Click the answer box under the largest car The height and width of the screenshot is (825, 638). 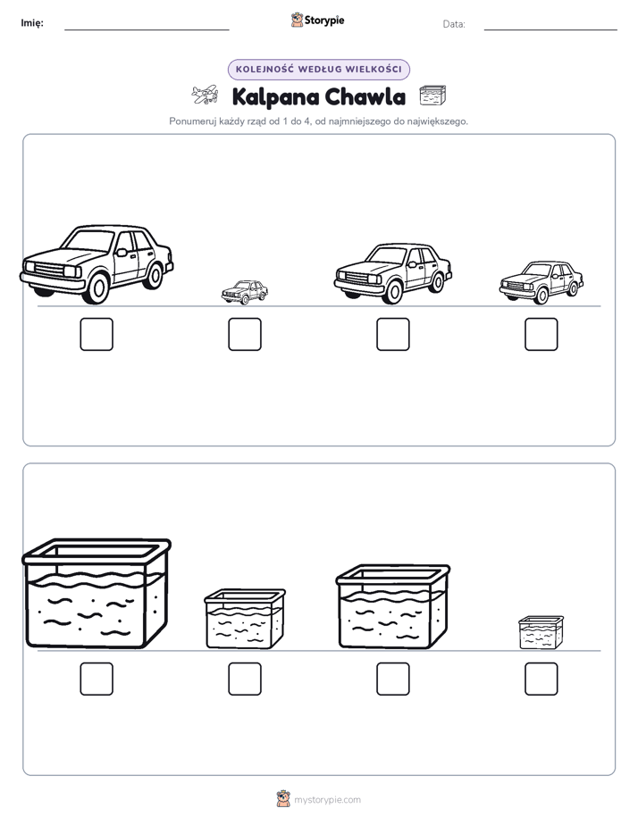pos(97,334)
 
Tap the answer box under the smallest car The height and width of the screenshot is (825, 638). pos(245,334)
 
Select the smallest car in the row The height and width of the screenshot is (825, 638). pos(245,292)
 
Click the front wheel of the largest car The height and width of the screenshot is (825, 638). pos(97,287)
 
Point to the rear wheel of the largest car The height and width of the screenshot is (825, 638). pos(154,274)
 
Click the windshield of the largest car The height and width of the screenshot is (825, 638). pos(89,240)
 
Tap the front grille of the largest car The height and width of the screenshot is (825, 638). pos(51,270)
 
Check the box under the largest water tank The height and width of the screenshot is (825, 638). pos(97,679)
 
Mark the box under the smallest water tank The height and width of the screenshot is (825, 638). pos(541,679)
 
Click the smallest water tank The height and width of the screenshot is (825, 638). pos(541,632)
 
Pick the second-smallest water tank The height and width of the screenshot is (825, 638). pos(245,619)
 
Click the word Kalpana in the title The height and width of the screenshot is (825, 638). pos(275,97)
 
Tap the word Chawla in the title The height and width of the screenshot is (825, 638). pos(365,96)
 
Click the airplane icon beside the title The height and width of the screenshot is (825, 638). pos(205,95)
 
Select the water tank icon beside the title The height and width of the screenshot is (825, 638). pos(432,96)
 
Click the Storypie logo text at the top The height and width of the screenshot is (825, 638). pos(324,21)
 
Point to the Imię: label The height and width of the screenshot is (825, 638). pos(32,23)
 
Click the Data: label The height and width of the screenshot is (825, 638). pos(454,24)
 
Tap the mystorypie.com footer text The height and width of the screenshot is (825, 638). pos(327,800)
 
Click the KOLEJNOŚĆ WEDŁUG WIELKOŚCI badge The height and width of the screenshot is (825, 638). pos(318,70)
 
